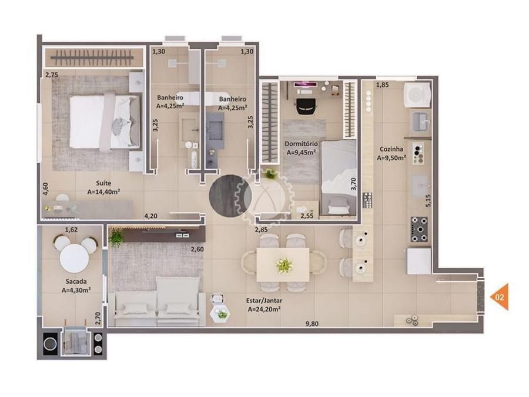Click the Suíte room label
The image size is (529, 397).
(x=103, y=183)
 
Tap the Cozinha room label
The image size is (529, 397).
(x=391, y=149)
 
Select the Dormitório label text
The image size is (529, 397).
(x=301, y=144)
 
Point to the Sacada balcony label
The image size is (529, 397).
(x=76, y=281)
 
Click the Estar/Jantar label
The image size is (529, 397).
(x=264, y=301)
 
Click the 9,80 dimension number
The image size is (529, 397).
(x=312, y=324)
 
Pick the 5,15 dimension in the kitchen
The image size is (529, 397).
(x=428, y=200)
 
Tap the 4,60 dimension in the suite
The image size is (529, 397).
(x=45, y=189)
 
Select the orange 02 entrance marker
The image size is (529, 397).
(x=500, y=297)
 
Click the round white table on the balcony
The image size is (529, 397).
(x=74, y=258)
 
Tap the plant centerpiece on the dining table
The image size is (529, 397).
(x=284, y=265)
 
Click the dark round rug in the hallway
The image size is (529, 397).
(x=230, y=196)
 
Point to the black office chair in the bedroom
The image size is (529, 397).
(x=307, y=106)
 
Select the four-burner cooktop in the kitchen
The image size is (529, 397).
(x=419, y=230)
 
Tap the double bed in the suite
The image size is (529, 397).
(x=105, y=122)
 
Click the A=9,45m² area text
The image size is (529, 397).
(x=302, y=152)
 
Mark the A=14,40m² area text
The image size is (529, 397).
(x=104, y=192)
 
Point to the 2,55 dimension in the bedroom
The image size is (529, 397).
(x=307, y=216)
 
